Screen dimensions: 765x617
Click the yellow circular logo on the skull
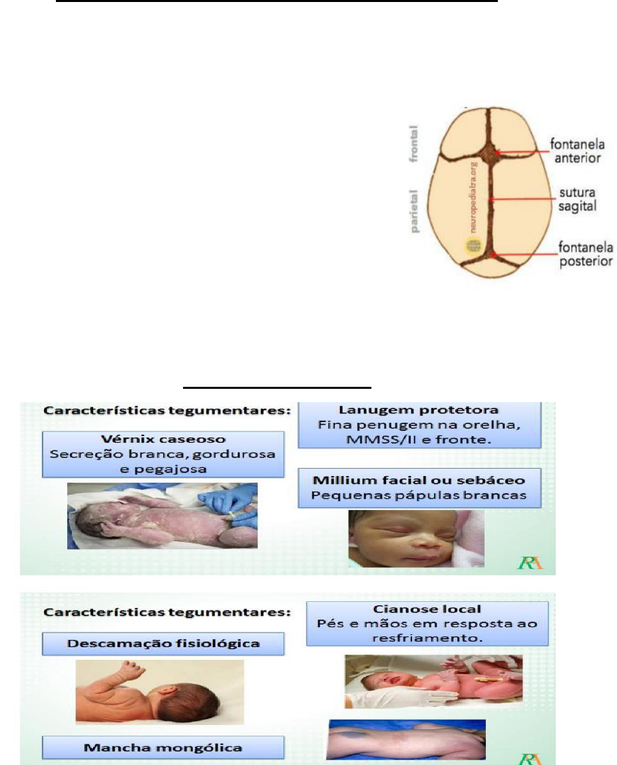point(473,245)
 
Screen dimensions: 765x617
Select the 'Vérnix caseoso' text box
point(163,454)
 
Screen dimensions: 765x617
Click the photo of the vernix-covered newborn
point(162,516)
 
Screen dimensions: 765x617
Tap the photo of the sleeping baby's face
point(417,538)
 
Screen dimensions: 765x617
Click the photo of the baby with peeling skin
point(159,691)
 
